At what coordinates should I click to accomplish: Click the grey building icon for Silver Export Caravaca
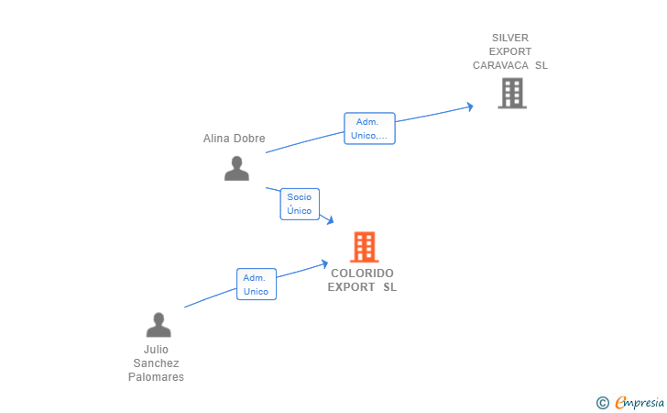click(x=511, y=93)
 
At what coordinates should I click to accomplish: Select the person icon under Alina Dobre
click(x=236, y=168)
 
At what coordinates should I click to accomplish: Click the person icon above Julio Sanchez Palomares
click(x=159, y=325)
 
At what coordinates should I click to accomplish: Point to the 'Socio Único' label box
click(x=300, y=204)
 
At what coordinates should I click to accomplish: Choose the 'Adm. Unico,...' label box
click(x=369, y=128)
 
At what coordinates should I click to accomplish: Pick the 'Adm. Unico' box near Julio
click(x=256, y=285)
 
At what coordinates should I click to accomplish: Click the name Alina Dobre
click(x=234, y=139)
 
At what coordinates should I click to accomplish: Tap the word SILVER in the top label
click(x=510, y=38)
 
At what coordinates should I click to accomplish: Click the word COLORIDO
click(x=362, y=273)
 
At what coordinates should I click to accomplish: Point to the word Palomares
click(x=156, y=377)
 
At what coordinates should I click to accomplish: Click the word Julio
click(x=156, y=350)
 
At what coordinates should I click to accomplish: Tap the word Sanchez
click(x=156, y=363)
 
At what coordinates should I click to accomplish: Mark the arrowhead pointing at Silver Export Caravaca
click(x=470, y=106)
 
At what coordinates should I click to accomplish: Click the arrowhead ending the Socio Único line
click(x=328, y=220)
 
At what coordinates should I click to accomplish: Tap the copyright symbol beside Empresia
click(x=602, y=402)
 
